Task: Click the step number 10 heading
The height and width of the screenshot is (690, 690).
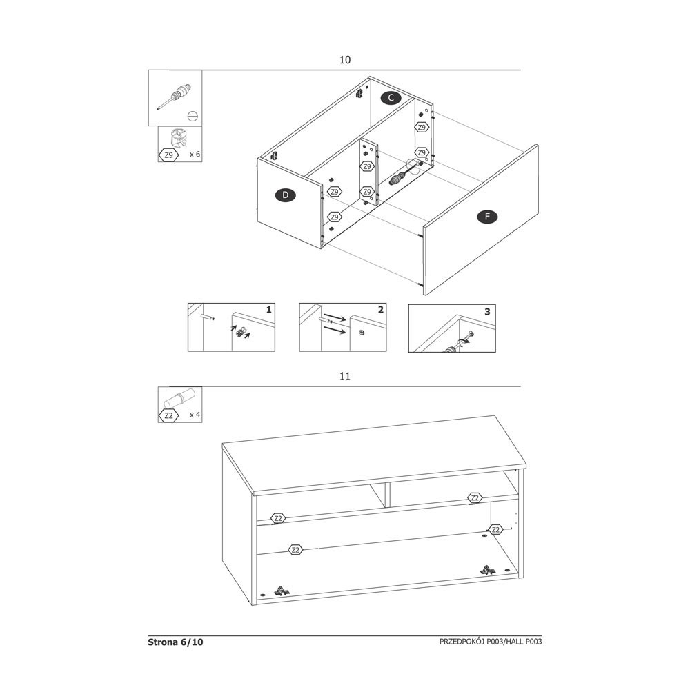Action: coord(345,60)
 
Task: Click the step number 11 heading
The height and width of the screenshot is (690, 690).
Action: coord(345,376)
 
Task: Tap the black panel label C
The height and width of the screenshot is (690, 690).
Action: coord(391,98)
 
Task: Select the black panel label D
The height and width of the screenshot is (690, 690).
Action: coord(286,195)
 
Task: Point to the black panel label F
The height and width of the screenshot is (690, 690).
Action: coord(487,217)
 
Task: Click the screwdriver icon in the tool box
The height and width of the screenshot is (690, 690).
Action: coord(175,96)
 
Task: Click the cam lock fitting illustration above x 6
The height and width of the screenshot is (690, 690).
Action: coord(178,137)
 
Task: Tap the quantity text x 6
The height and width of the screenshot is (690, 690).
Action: coord(195,155)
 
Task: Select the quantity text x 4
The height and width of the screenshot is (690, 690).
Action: coord(195,415)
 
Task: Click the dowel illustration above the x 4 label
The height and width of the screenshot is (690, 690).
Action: coord(179,399)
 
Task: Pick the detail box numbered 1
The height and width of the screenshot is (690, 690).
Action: coord(231,327)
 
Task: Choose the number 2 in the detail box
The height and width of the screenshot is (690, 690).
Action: coord(381,310)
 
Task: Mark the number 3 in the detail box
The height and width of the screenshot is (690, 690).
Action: coord(487,312)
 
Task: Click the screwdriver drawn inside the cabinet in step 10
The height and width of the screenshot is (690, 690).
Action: coord(404,173)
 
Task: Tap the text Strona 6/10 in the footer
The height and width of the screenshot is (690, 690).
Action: coord(175,642)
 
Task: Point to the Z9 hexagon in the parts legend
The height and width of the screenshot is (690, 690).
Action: coord(168,155)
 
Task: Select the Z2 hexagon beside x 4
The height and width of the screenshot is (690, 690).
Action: coord(168,415)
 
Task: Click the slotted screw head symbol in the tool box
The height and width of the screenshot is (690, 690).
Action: coord(193,116)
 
